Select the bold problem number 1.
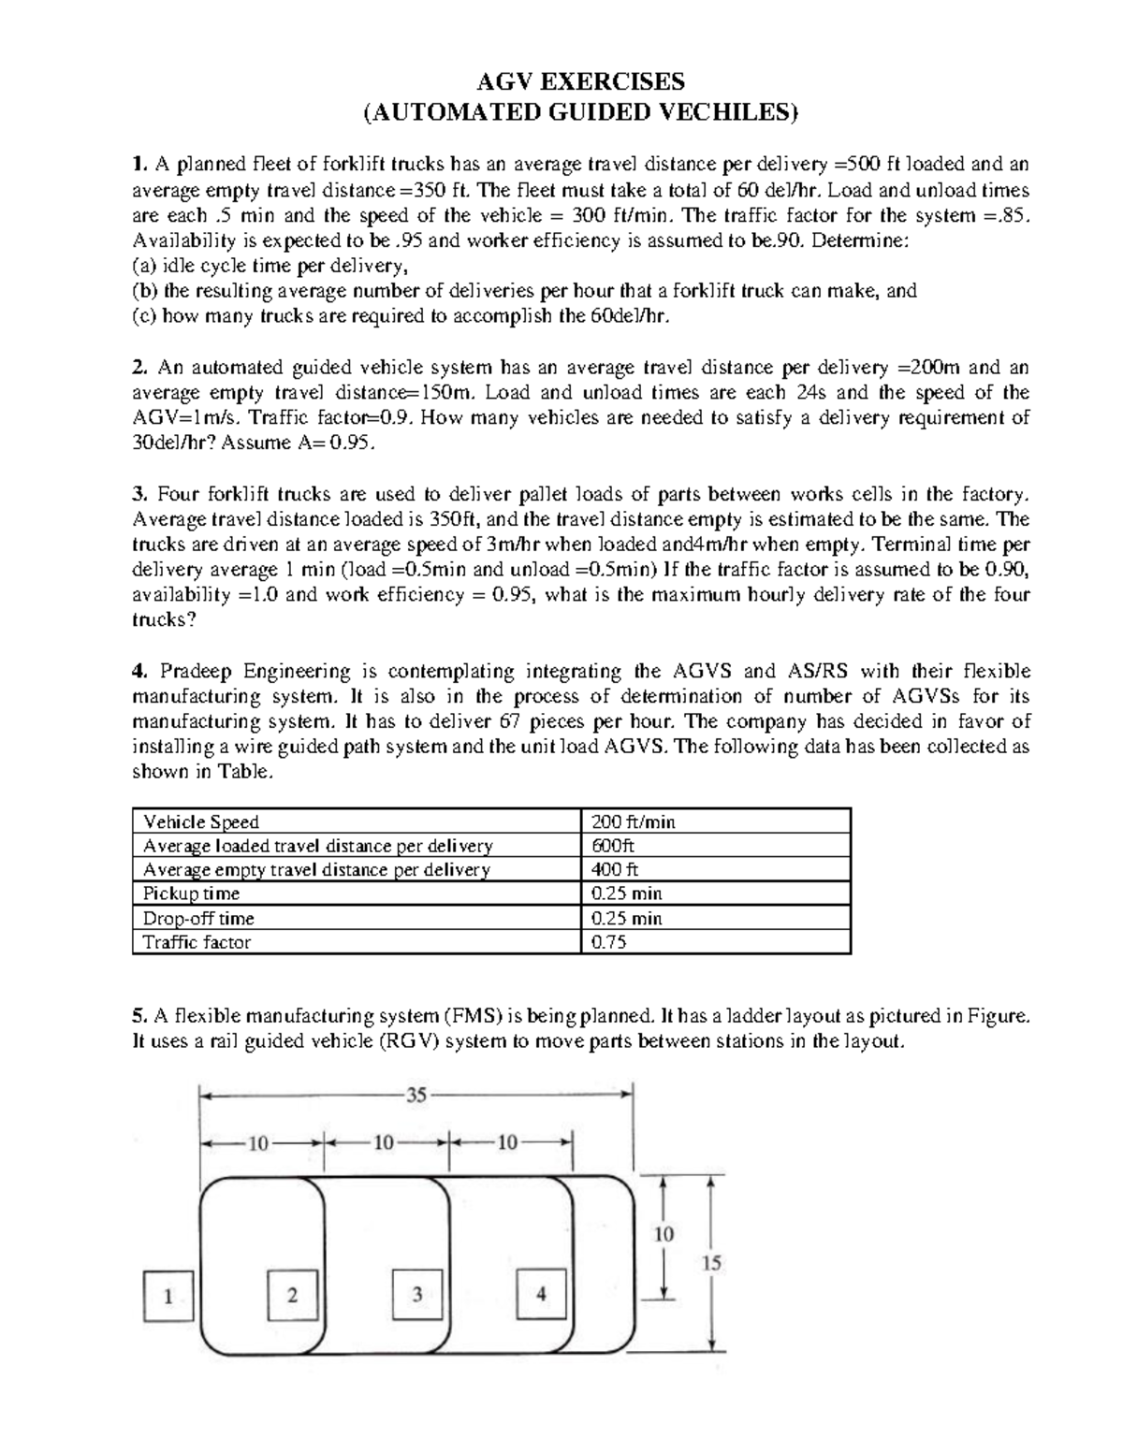click(x=139, y=165)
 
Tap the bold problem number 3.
click(x=139, y=494)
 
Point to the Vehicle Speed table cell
click(x=201, y=822)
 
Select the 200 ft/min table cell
click(x=634, y=822)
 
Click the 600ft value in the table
click(x=613, y=846)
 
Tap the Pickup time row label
click(x=191, y=894)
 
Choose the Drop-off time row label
click(x=198, y=919)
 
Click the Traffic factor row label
click(x=197, y=942)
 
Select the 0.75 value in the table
click(x=609, y=942)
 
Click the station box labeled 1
click(x=168, y=1296)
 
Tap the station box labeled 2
click(x=292, y=1295)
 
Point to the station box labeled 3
click(x=416, y=1295)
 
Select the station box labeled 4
click(x=541, y=1295)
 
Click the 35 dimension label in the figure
click(x=416, y=1096)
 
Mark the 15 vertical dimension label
click(x=712, y=1263)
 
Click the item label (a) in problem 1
click(x=145, y=266)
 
